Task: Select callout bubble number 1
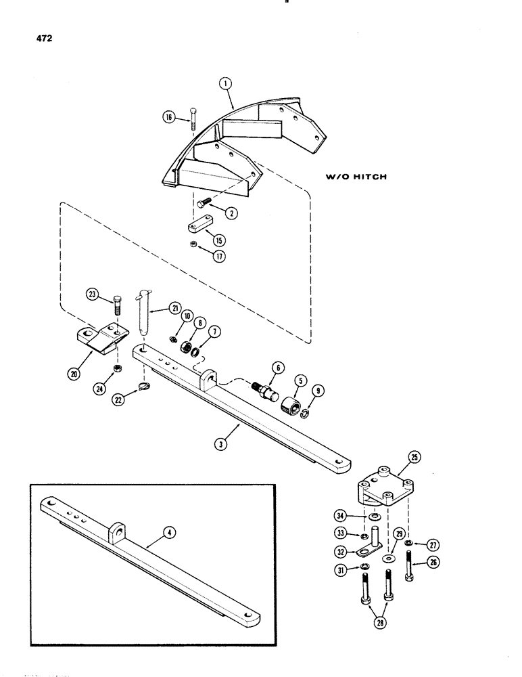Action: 226,85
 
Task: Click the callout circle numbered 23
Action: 92,294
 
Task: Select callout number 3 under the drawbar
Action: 239,445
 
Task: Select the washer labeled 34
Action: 373,519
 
